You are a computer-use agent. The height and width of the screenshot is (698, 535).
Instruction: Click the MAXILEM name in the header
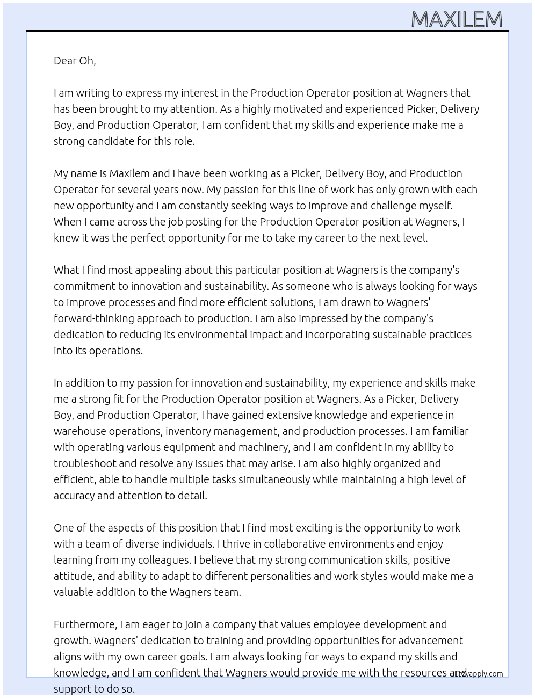coord(457,20)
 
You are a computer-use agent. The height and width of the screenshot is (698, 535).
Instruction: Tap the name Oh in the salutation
coord(87,61)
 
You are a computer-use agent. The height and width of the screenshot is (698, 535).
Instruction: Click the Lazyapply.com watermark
coord(479,674)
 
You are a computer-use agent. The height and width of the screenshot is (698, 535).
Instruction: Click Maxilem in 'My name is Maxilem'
coord(129,173)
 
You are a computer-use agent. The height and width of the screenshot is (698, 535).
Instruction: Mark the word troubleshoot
coord(84,463)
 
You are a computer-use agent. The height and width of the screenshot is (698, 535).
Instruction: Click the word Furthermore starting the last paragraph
coord(85,624)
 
